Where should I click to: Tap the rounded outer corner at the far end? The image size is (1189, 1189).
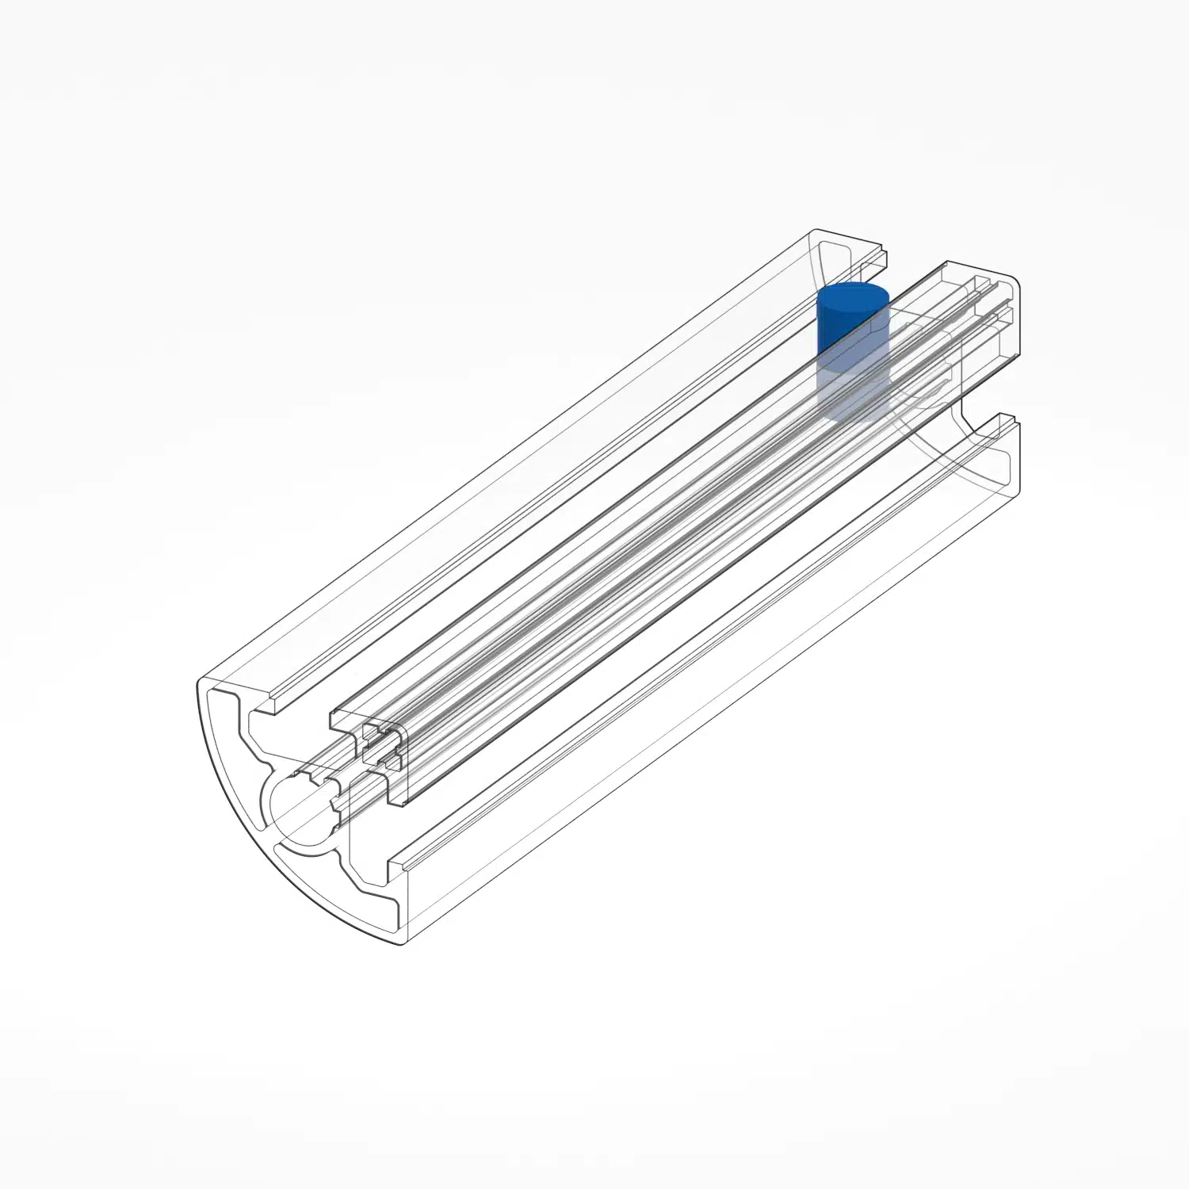pyautogui.click(x=1015, y=282)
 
